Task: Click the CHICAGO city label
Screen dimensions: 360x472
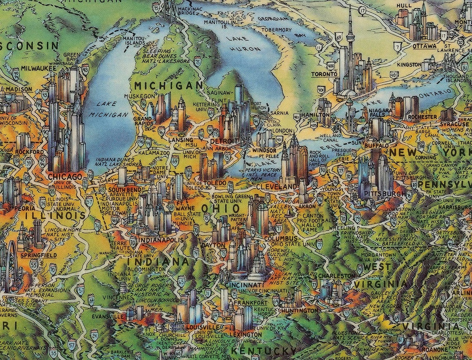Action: point(65,177)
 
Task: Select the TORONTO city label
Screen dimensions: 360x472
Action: point(324,74)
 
